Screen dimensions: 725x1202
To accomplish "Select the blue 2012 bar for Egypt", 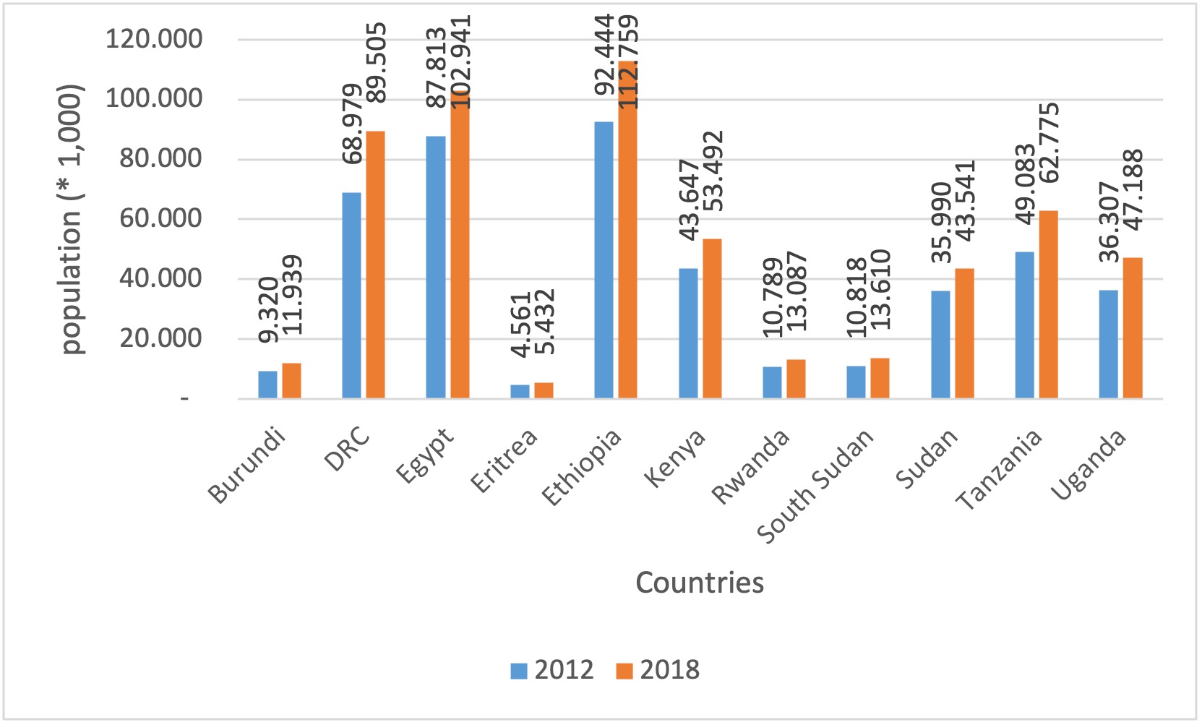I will (436, 267).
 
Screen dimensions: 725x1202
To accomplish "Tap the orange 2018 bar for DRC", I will (375, 265).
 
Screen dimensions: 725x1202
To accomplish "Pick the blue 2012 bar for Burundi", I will (267, 385).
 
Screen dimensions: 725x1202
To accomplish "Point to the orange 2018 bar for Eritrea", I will (544, 390).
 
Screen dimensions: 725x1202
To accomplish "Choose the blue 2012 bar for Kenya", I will (688, 333).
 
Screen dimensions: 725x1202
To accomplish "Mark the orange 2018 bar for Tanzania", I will (1048, 304).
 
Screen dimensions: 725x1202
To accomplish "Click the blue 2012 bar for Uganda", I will (1108, 344).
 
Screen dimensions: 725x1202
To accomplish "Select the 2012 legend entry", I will (552, 670).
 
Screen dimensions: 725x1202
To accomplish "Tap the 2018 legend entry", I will (658, 670).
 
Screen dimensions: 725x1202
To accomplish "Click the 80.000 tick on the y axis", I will (161, 158).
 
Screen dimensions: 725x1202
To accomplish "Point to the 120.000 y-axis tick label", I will (154, 38).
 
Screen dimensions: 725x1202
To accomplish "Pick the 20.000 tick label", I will (161, 338).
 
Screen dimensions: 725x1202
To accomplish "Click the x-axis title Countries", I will (699, 583).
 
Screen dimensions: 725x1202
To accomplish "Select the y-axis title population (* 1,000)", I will (71, 219).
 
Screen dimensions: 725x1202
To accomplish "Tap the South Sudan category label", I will (815, 486).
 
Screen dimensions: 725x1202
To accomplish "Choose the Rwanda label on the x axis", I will (751, 467).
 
